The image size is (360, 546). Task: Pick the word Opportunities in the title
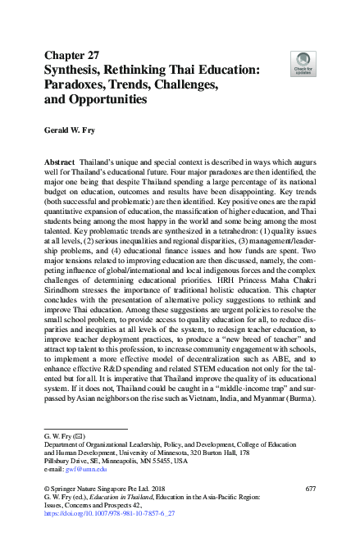point(107,100)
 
